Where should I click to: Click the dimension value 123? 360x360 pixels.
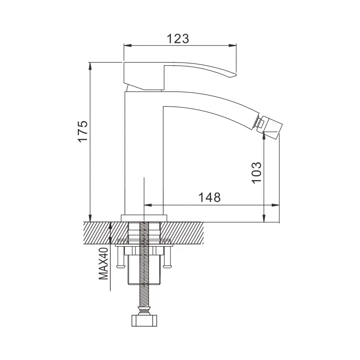pos(178,39)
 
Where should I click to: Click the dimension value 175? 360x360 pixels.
pos(82,132)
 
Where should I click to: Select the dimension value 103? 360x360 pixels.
pos(256,172)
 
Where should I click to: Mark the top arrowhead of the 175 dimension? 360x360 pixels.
pos(90,66)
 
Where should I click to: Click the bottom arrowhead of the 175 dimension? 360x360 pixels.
pos(90,218)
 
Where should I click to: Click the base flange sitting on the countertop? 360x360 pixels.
pos(144,218)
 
